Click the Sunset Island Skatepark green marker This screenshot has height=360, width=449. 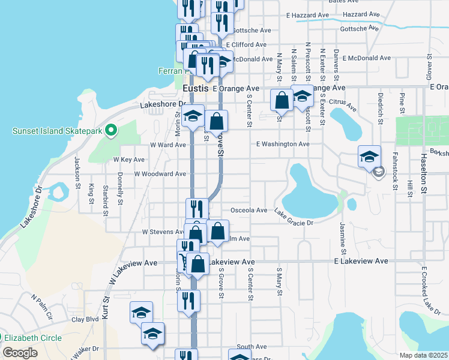point(110,130)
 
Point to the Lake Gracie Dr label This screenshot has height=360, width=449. point(294,222)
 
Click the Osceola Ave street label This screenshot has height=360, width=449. point(249,211)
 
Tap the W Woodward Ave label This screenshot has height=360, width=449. point(160,173)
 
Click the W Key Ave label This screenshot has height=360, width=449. point(129,160)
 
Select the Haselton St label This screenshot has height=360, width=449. point(423,176)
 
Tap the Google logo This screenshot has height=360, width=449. point(20,353)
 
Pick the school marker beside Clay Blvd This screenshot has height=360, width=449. point(142,313)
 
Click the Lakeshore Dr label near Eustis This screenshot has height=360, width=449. point(163,104)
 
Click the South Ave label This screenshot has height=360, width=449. point(252,347)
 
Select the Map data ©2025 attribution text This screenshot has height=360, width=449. point(423,355)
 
